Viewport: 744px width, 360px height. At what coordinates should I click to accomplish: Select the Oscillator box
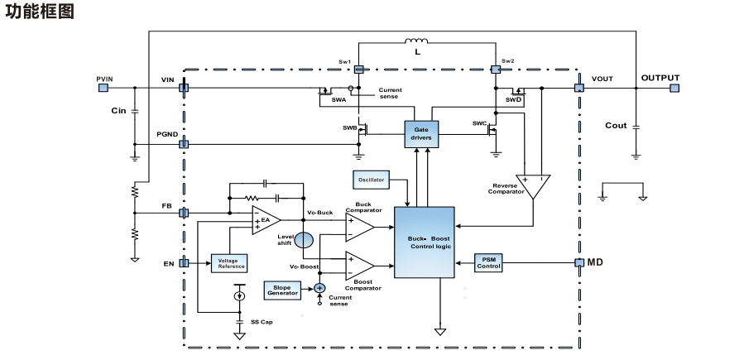coord(370,180)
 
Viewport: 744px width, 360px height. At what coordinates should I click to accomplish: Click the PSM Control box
coord(489,262)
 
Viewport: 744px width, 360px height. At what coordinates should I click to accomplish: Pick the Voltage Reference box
coord(231,264)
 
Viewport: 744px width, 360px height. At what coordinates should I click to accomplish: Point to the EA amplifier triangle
coord(266,220)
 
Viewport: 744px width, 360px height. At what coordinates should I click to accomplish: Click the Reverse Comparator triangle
coord(531,185)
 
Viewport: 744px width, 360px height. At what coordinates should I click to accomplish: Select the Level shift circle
coord(305,240)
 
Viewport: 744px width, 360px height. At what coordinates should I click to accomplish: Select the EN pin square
coord(185,263)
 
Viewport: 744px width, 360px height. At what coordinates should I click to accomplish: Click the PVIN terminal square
coord(103,86)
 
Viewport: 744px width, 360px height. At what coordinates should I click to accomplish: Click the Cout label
coord(616,126)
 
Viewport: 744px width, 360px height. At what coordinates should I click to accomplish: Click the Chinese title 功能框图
coord(41,12)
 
